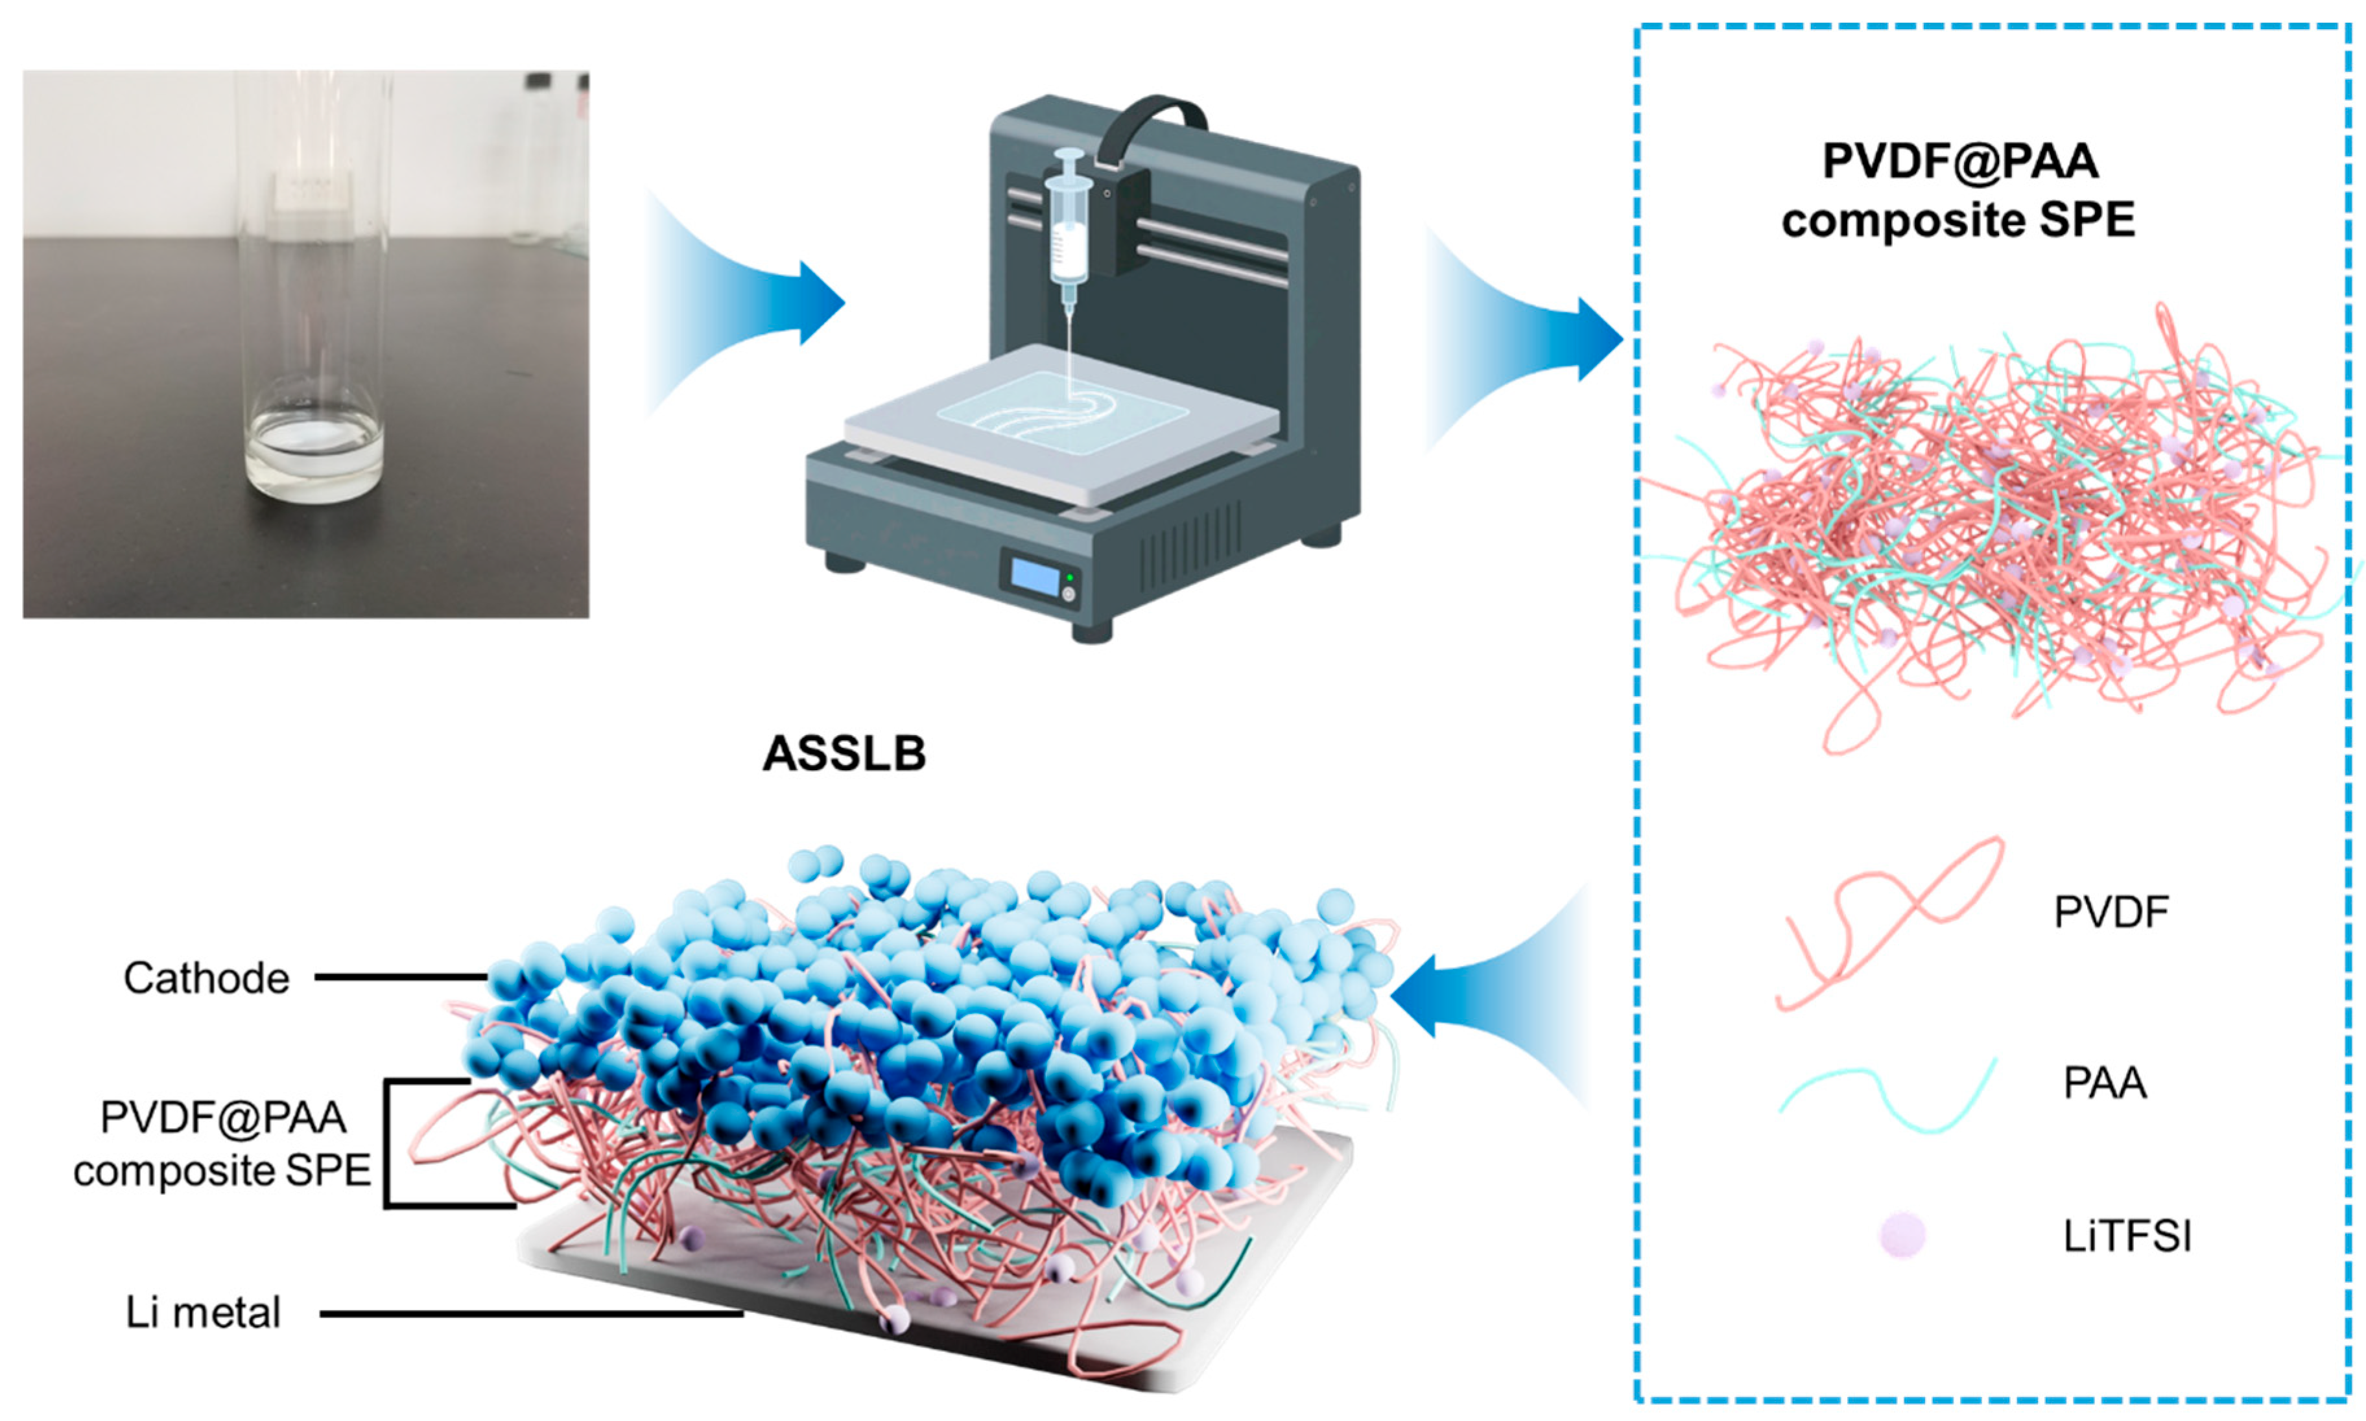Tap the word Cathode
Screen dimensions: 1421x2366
(206, 979)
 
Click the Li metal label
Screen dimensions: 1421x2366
(203, 1313)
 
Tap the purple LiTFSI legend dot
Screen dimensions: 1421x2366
(1902, 1234)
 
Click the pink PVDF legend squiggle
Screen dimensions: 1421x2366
(1891, 919)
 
